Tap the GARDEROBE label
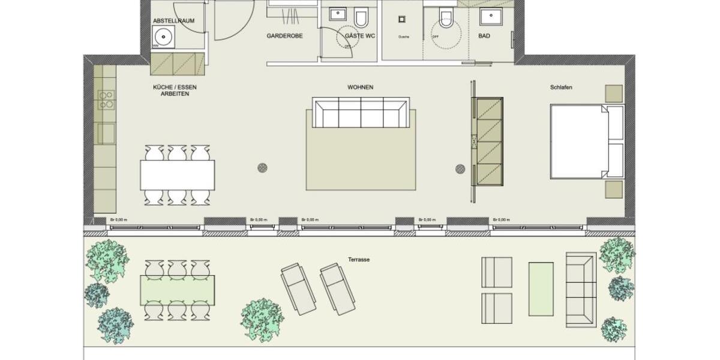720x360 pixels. [x=284, y=36]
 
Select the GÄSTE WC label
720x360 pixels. [x=360, y=36]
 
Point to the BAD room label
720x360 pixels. [x=484, y=36]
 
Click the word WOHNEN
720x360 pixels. [x=360, y=88]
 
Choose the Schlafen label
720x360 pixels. [x=561, y=88]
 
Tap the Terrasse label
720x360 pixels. [x=358, y=260]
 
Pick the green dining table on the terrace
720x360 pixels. [x=178, y=290]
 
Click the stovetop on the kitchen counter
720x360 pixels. [x=106, y=100]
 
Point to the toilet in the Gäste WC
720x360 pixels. [x=361, y=19]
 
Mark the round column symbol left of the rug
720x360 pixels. [x=262, y=168]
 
